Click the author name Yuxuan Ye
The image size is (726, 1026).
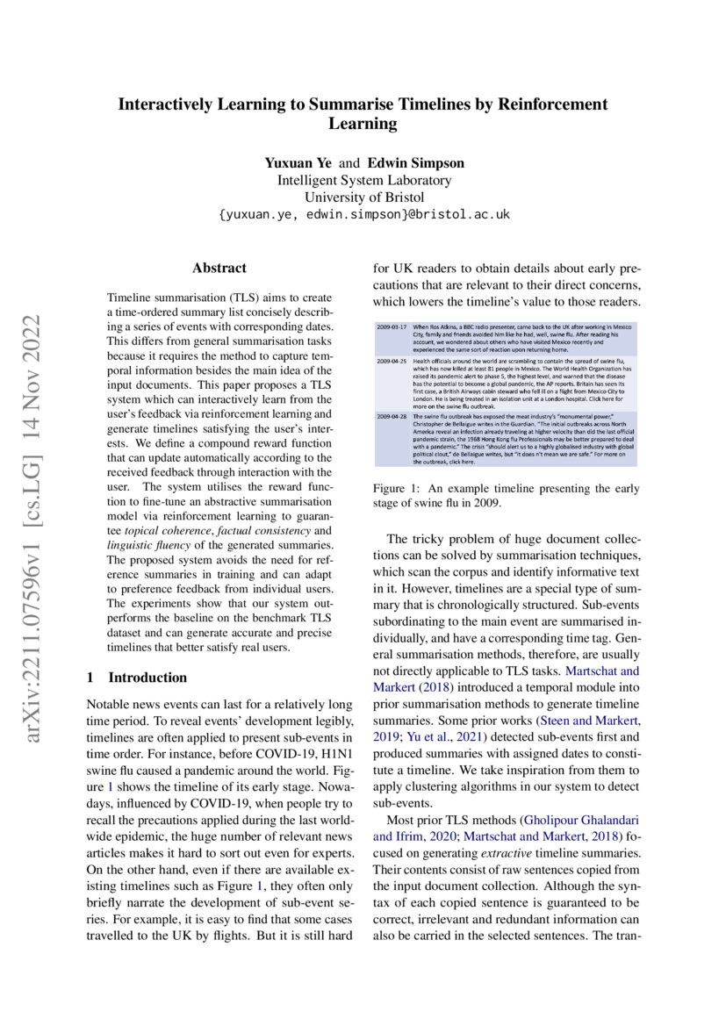click(x=298, y=163)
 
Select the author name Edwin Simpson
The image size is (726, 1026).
click(x=415, y=163)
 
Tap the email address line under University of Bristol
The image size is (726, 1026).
click(x=363, y=214)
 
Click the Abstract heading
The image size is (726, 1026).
click(x=219, y=268)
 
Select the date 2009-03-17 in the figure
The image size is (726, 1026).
click(x=392, y=326)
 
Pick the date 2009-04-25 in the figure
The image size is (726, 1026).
click(x=392, y=361)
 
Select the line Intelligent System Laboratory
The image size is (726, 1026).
click(x=363, y=180)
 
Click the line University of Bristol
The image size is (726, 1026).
click(x=363, y=197)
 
